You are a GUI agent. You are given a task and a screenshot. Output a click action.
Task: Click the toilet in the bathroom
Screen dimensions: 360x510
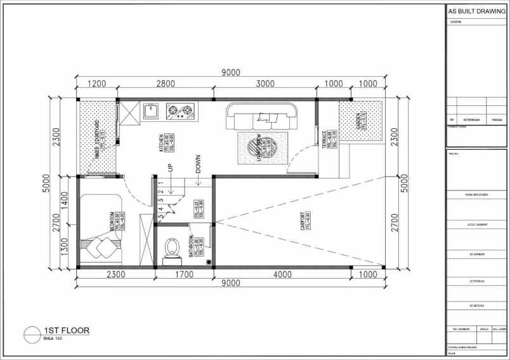(171, 249)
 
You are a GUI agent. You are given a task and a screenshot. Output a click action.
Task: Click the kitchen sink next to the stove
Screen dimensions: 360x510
(151, 112)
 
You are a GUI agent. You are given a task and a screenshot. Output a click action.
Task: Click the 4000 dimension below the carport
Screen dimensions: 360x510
(282, 274)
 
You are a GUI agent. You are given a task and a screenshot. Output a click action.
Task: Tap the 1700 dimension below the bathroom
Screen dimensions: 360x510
(184, 274)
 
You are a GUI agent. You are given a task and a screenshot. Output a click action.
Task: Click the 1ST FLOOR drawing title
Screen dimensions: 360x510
(67, 330)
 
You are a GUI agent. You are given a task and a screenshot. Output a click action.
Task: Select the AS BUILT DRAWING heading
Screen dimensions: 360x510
(476, 11)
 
